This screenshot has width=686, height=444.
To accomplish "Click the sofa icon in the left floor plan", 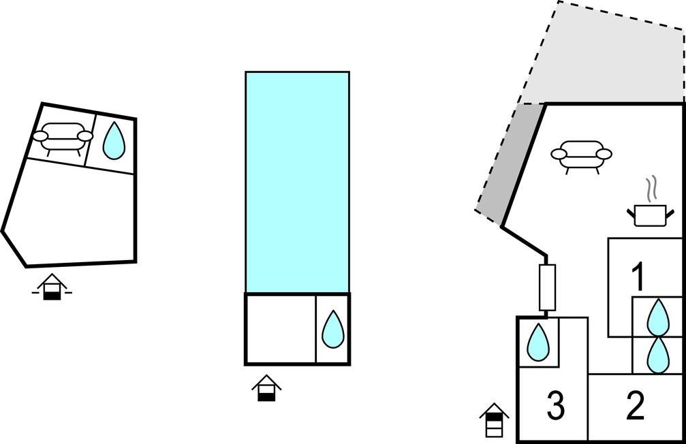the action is coord(63,139).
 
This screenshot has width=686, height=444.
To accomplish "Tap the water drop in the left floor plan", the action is coord(114,140).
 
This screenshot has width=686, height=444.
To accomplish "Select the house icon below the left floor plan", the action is coord(52,287).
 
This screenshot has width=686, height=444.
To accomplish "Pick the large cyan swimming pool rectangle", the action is coord(298,182).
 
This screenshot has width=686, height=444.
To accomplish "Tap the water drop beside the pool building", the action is coord(333,329).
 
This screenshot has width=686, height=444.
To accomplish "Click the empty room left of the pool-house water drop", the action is coord(281,329).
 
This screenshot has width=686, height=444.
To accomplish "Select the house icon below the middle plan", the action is coord(266,387).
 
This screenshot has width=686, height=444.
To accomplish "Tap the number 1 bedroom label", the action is coord(638,276).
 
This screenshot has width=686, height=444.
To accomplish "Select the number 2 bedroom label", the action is coord(636,406).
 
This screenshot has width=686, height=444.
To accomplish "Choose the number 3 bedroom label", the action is coord(556,406).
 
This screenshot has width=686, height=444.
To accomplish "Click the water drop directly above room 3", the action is coord(538,343).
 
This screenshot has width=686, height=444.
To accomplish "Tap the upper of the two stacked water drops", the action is coord(658,317).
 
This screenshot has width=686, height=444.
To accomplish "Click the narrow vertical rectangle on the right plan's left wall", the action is coord(547,287).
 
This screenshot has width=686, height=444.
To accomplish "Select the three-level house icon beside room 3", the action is coord(494,419).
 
